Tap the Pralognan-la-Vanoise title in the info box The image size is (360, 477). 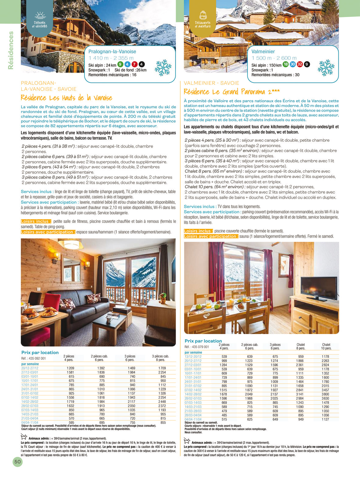[112, 52]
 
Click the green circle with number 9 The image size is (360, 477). [120, 64]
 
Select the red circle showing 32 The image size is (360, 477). [300, 64]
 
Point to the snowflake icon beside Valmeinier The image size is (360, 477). [326, 67]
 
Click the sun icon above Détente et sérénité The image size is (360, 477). [40, 15]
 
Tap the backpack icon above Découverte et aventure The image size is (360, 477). [203, 15]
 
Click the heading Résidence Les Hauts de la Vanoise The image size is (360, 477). [66, 98]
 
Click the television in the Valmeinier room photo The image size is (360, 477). [319, 288]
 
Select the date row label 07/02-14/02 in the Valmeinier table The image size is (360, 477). [193, 390]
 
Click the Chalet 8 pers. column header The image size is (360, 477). [301, 346]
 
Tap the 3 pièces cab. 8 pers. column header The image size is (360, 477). [160, 358]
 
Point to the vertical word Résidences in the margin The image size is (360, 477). [11, 50]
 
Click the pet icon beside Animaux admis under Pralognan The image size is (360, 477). [24, 436]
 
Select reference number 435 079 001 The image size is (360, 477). [197, 347]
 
